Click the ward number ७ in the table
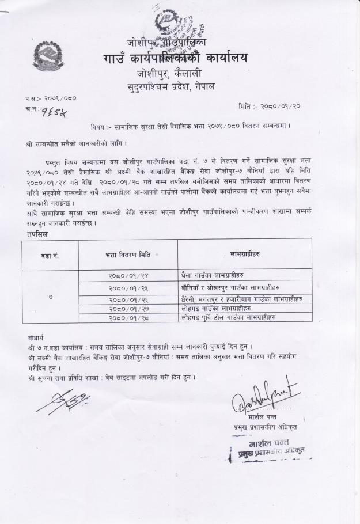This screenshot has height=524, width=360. (50, 297)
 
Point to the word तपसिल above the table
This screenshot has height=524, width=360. (37, 234)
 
